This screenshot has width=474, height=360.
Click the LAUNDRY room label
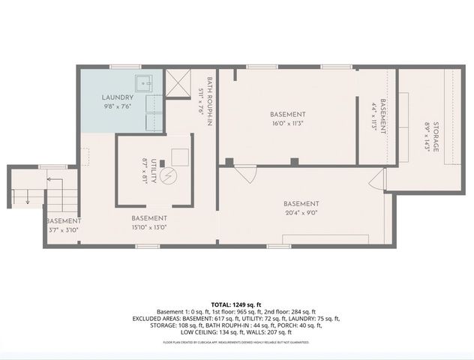[x=118, y=97]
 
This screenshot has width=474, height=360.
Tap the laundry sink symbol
[x=142, y=83]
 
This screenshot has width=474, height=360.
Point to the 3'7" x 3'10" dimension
[x=63, y=232]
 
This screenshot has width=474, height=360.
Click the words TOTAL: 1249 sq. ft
[x=236, y=304]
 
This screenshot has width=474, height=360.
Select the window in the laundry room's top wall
[x=120, y=68]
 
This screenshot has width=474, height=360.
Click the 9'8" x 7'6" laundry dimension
[x=118, y=108]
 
